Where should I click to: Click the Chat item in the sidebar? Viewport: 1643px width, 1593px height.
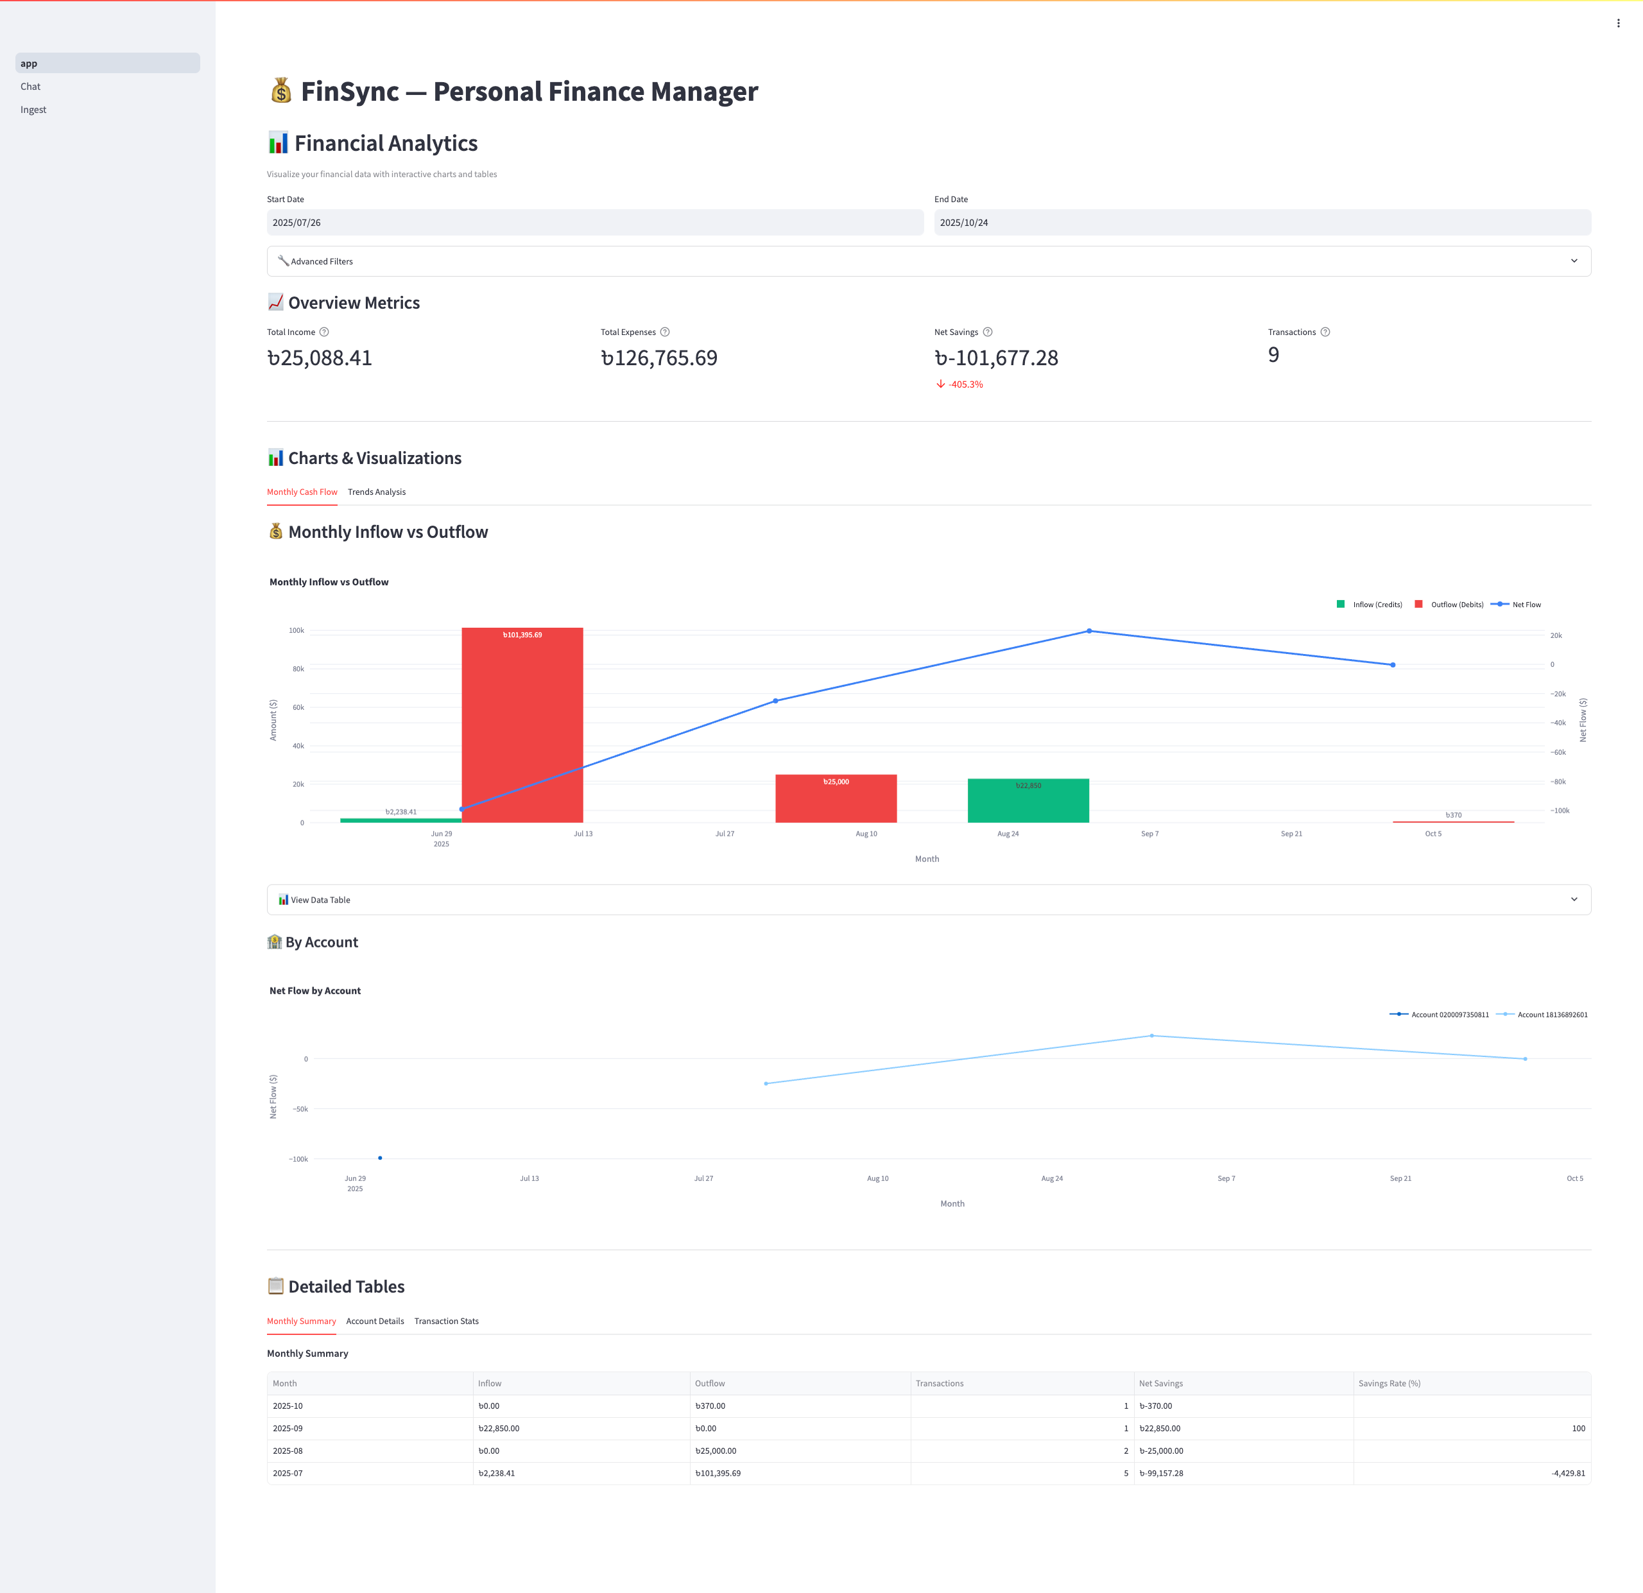tap(31, 87)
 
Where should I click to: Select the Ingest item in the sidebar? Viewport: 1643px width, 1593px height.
tap(33, 110)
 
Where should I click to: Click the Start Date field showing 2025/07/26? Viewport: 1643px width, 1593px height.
tap(594, 222)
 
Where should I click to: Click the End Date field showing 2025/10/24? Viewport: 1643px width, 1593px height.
tap(1262, 222)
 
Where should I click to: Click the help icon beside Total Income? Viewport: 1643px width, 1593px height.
tap(324, 332)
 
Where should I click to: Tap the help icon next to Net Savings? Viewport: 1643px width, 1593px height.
tap(988, 332)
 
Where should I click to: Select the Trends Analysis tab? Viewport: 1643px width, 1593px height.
tap(376, 492)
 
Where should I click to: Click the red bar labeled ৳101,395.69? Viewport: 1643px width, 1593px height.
tap(522, 725)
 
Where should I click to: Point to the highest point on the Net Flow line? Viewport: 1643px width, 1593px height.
tap(1089, 630)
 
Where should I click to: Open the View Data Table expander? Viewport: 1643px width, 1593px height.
tap(928, 900)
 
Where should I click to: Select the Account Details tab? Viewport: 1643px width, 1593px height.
tap(375, 1322)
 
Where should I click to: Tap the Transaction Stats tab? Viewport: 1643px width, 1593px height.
tap(446, 1322)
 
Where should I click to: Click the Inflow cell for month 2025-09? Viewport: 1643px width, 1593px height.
tap(581, 1428)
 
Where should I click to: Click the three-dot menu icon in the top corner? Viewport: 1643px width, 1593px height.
tap(1618, 24)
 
